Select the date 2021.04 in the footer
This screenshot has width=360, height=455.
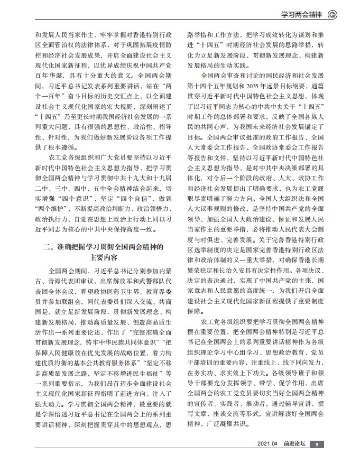tap(267, 444)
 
